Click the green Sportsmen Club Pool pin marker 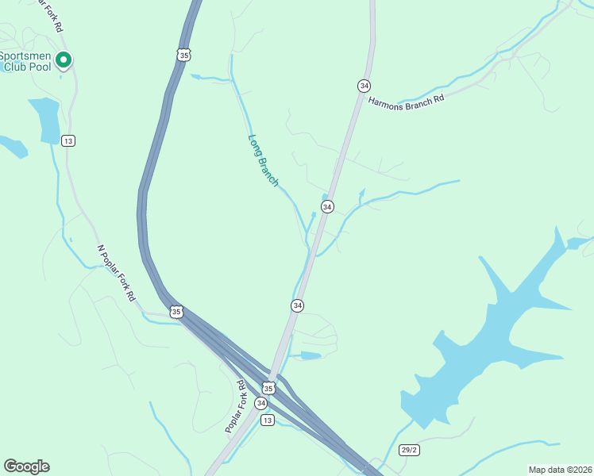click(x=64, y=59)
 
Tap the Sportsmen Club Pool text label click(x=25, y=62)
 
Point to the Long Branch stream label click(x=263, y=160)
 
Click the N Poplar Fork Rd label click(x=116, y=272)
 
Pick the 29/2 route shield click(x=408, y=450)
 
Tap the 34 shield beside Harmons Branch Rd click(x=364, y=85)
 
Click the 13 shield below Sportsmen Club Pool click(x=68, y=140)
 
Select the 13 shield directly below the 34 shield click(x=267, y=420)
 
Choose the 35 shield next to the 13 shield click(x=268, y=388)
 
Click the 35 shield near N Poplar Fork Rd click(x=176, y=312)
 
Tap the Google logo click(x=26, y=466)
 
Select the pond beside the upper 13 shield click(x=44, y=119)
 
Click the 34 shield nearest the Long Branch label click(x=326, y=206)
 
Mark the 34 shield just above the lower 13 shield click(x=260, y=403)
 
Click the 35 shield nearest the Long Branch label click(x=183, y=55)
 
